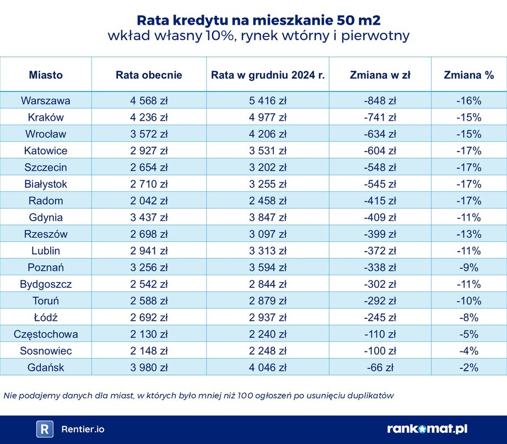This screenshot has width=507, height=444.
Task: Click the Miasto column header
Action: pos(46,75)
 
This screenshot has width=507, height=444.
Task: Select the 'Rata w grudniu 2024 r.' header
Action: pos(267,75)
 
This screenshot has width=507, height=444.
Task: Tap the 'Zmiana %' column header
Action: pos(468,75)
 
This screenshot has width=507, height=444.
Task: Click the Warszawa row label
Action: pos(46,101)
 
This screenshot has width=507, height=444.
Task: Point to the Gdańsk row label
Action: pos(46,367)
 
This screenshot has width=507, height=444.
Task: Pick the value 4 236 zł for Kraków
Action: pos(149,117)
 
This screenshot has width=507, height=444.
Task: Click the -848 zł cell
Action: pos(380,101)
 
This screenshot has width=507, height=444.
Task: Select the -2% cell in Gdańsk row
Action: pos(468,367)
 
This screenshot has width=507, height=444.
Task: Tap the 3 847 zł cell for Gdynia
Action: pos(267,217)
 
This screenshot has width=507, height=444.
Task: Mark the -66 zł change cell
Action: pos(380,367)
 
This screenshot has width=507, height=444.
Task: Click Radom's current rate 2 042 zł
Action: pos(149,201)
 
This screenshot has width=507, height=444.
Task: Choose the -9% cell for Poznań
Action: pos(468,268)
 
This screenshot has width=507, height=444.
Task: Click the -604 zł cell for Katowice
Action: pos(380,151)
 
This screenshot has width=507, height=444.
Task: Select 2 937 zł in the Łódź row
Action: pos(267,318)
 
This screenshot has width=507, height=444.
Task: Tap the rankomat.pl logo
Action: pos(427,429)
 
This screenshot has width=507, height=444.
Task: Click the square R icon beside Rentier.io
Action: pos(45,429)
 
